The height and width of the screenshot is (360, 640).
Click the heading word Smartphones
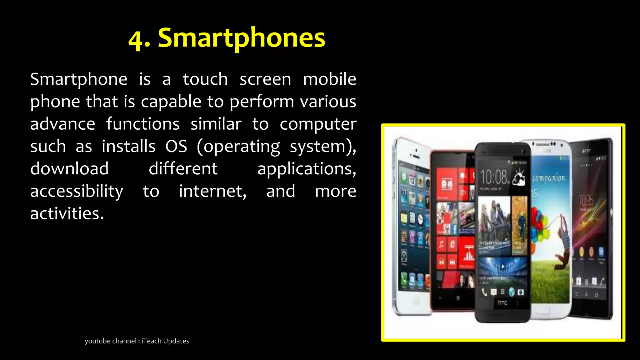(241, 38)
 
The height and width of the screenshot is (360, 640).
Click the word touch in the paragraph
(205, 79)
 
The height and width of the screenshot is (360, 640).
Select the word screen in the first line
(265, 79)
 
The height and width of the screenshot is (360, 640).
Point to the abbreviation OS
(176, 146)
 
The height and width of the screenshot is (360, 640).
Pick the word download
(69, 169)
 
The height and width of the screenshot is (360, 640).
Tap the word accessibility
(77, 192)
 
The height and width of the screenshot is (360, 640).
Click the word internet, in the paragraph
(212, 191)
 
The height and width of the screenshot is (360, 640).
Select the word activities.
(67, 214)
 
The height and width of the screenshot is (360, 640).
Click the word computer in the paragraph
(318, 124)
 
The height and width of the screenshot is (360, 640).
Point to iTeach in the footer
(151, 341)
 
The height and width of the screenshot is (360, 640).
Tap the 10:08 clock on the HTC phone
(494, 177)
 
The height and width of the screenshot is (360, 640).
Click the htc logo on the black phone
(502, 302)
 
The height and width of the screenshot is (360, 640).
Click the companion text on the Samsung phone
(549, 178)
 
